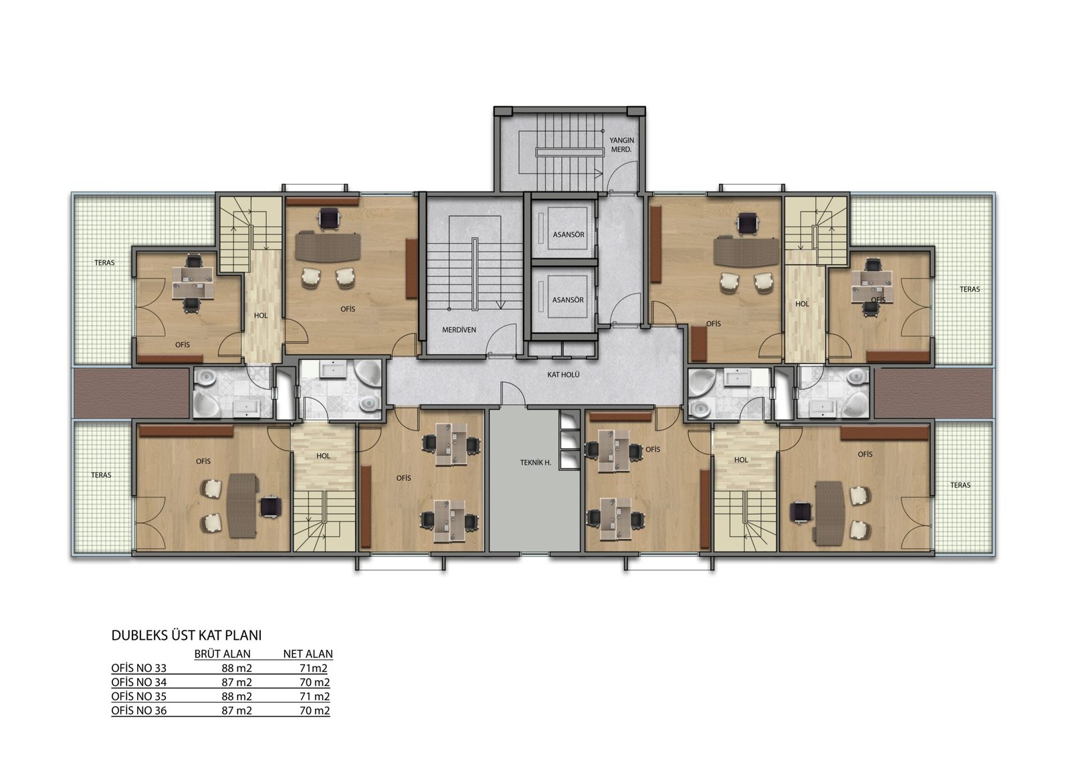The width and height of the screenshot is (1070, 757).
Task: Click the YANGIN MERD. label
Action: pos(621,145)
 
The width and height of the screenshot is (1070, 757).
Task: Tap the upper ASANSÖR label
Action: pos(568,235)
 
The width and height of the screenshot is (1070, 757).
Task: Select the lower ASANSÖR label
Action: pos(568,300)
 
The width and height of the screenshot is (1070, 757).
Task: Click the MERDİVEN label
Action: pos(459,330)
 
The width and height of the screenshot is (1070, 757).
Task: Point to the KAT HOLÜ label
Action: pos(563,374)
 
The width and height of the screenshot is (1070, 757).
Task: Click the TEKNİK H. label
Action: pos(536,462)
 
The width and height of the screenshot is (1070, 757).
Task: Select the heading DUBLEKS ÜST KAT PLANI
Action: pos(187,635)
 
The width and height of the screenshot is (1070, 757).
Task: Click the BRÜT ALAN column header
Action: pos(222,654)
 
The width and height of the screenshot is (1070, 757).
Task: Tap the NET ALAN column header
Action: pos(308,654)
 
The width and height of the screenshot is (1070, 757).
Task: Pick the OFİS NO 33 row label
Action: pos(139,668)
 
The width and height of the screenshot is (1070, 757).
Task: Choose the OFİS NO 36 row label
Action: pos(139,711)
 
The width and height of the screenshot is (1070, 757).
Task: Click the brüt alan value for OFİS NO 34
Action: pos(237,683)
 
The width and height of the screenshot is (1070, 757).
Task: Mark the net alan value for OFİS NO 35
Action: pos(315,696)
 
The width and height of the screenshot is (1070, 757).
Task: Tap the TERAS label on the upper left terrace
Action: pos(104,262)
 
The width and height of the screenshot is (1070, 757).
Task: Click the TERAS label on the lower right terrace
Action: pos(960,485)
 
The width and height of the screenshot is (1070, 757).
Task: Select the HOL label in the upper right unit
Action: pos(802,304)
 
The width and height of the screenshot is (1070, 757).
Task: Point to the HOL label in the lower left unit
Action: pos(324,456)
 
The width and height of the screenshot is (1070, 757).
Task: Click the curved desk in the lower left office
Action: pos(242,505)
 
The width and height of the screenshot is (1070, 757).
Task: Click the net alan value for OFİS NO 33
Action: pos(314,668)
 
